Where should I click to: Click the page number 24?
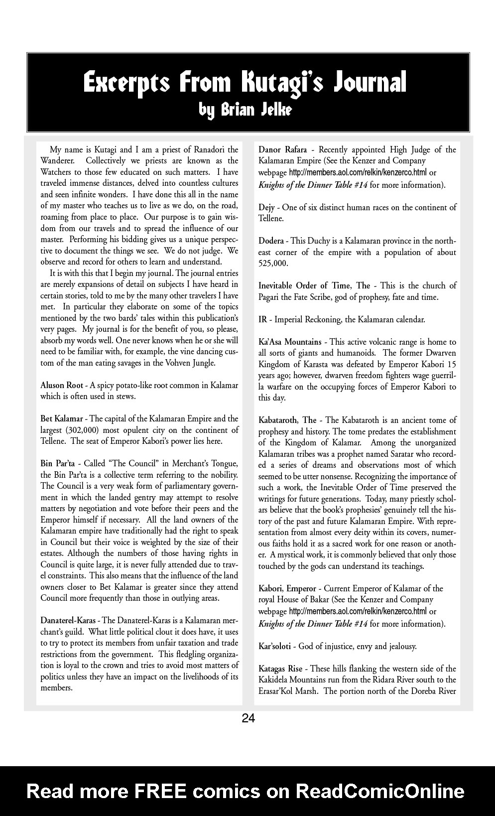(x=248, y=718)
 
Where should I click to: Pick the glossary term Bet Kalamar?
(x=62, y=419)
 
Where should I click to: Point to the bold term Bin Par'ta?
(x=58, y=464)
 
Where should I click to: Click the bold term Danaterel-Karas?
(x=69, y=621)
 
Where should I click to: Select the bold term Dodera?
(x=271, y=241)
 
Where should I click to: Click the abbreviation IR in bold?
(x=262, y=319)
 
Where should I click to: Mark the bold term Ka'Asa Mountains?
(x=290, y=342)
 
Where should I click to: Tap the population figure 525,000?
(x=273, y=264)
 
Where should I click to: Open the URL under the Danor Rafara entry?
(x=358, y=173)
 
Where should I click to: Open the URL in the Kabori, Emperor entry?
(x=358, y=611)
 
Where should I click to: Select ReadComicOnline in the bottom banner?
(x=380, y=791)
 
